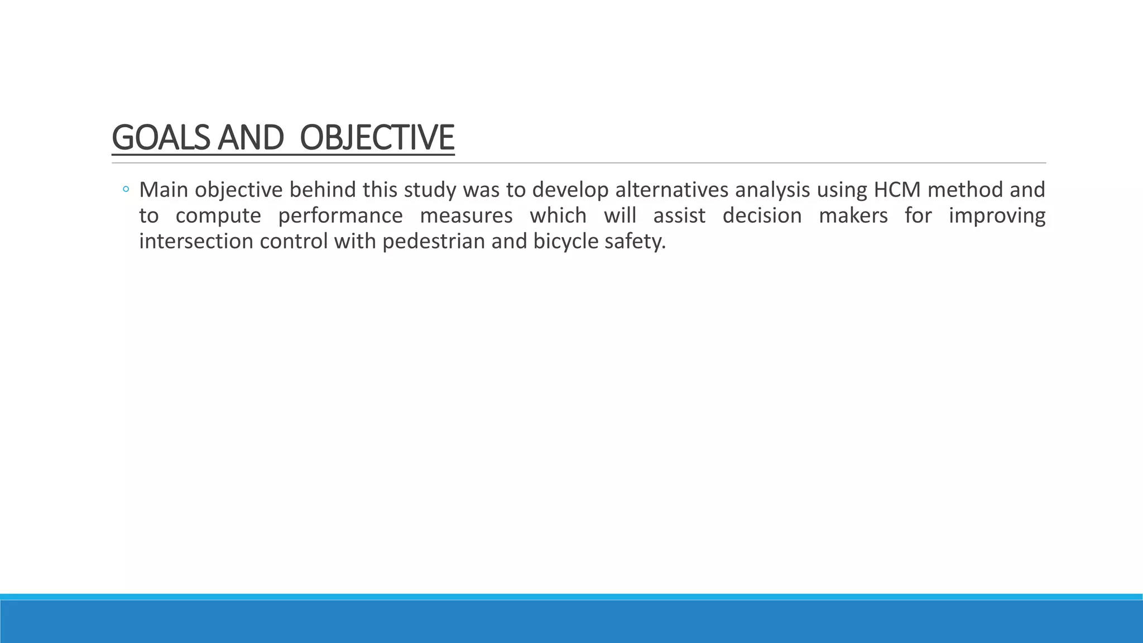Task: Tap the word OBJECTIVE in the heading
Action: click(x=377, y=138)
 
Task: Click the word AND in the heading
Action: click(x=250, y=138)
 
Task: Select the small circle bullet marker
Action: click(x=126, y=190)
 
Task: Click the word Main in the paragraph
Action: click(x=164, y=190)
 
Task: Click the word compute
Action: click(x=218, y=216)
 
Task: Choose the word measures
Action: click(x=466, y=216)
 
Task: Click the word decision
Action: click(x=762, y=216)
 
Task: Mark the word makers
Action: click(x=853, y=216)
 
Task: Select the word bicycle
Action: click(x=565, y=242)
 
